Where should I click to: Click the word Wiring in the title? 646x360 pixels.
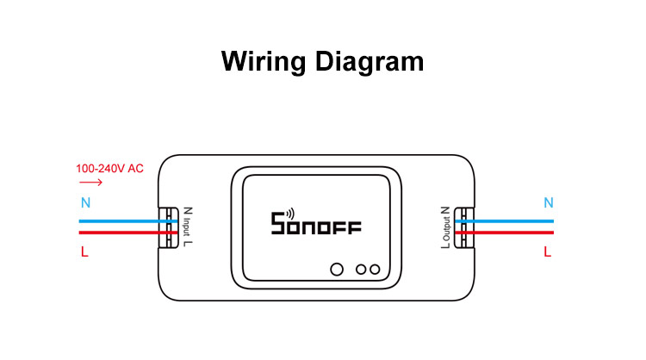click(264, 62)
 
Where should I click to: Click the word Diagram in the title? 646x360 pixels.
click(370, 62)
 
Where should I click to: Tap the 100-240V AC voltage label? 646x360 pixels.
click(109, 169)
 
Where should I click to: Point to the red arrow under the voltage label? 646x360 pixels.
click(90, 182)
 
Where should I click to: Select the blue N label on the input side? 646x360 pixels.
click(85, 202)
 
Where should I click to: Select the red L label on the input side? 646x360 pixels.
click(84, 251)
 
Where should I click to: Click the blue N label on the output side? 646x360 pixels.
click(549, 202)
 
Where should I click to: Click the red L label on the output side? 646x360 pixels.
click(547, 251)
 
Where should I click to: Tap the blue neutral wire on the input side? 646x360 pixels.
click(128, 221)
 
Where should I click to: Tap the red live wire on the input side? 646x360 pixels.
click(128, 233)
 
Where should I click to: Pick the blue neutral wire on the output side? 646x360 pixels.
click(504, 221)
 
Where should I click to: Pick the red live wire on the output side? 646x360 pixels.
click(504, 233)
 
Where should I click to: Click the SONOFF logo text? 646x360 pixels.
click(316, 224)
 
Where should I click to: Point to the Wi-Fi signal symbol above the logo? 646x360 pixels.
click(290, 214)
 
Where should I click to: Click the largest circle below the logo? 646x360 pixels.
click(337, 270)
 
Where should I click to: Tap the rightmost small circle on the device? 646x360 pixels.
click(375, 270)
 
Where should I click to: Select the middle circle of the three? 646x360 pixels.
click(361, 270)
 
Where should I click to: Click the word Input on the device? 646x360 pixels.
click(187, 227)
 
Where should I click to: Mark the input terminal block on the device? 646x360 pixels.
click(169, 227)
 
